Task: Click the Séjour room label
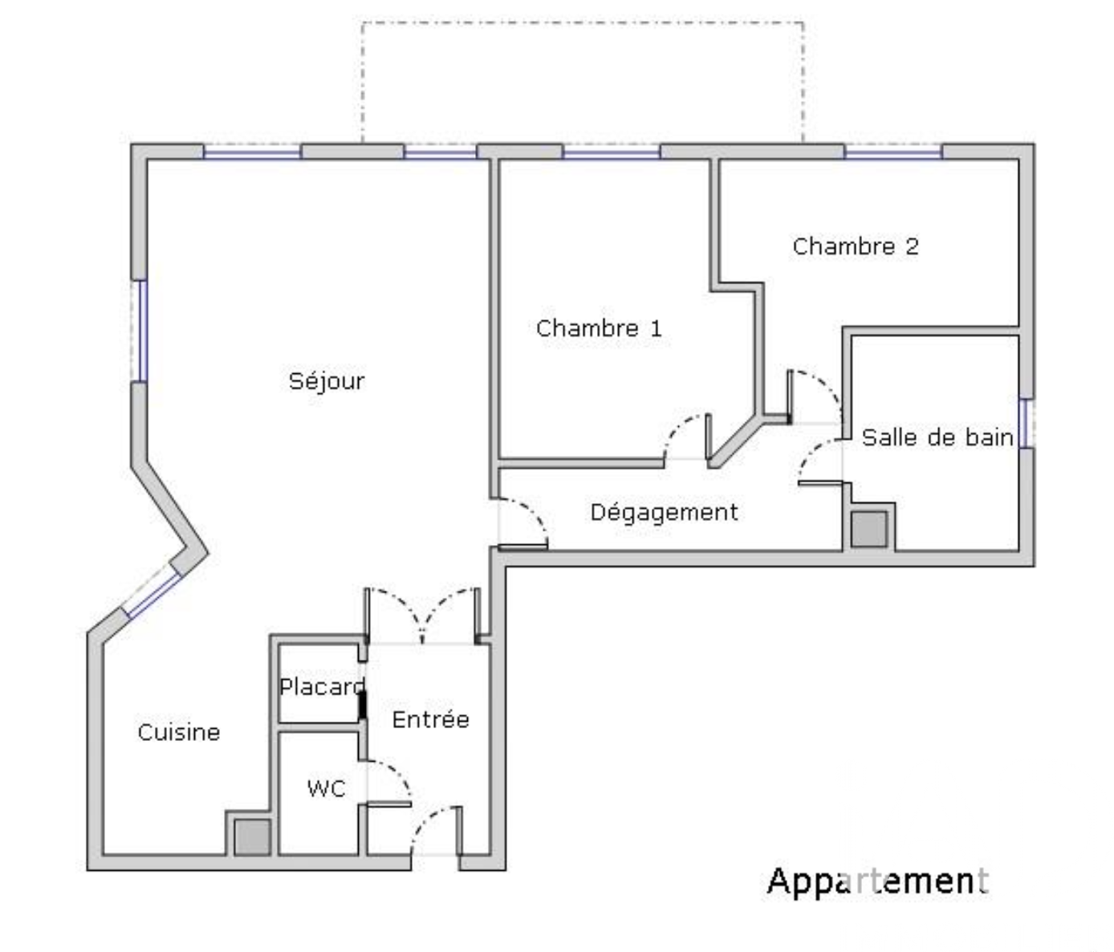tap(327, 382)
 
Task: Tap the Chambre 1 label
tap(598, 328)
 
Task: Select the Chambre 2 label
tap(856, 246)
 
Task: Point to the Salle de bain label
tap(937, 437)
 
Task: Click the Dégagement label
tap(664, 513)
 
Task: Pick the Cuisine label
tap(179, 733)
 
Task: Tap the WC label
tap(326, 789)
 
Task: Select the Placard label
tap(322, 687)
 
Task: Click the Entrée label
tap(431, 720)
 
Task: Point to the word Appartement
tap(878, 882)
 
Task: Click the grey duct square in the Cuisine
tap(252, 837)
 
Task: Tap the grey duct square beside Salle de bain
tap(868, 529)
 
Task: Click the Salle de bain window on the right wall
tap(1027, 423)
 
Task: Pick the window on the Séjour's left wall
tap(141, 331)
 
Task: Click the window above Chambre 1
tap(611, 153)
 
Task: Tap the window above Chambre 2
tap(893, 153)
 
